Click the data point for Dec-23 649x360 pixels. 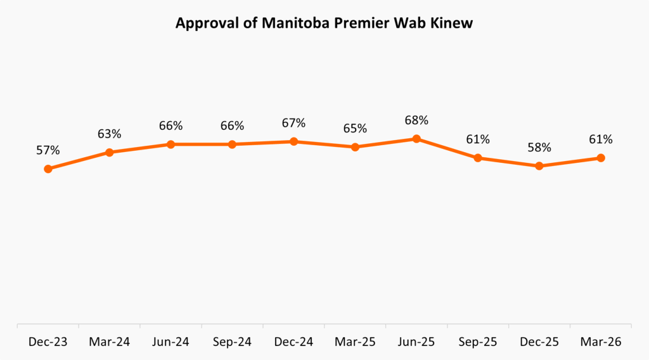tap(48, 169)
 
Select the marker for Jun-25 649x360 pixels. tap(416, 139)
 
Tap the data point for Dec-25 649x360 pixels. tap(539, 166)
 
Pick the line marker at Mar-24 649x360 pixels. tap(109, 152)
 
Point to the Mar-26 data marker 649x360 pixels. tap(601, 158)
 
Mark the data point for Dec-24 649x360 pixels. tap(293, 141)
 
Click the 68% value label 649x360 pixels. tap(416, 120)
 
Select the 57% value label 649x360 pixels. tap(48, 150)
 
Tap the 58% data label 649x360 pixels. tap(539, 148)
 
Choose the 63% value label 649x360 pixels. tap(109, 134)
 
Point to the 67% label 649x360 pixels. tap(293, 123)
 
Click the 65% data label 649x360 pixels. tap(355, 129)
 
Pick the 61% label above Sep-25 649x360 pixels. tap(478, 139)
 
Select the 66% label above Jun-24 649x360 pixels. tap(170, 126)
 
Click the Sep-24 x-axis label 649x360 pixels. tap(232, 342)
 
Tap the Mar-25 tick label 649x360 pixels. tap(355, 342)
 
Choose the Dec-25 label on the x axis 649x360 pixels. tap(539, 342)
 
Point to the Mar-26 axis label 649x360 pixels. tap(601, 342)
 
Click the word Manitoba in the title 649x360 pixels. tap(286, 23)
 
